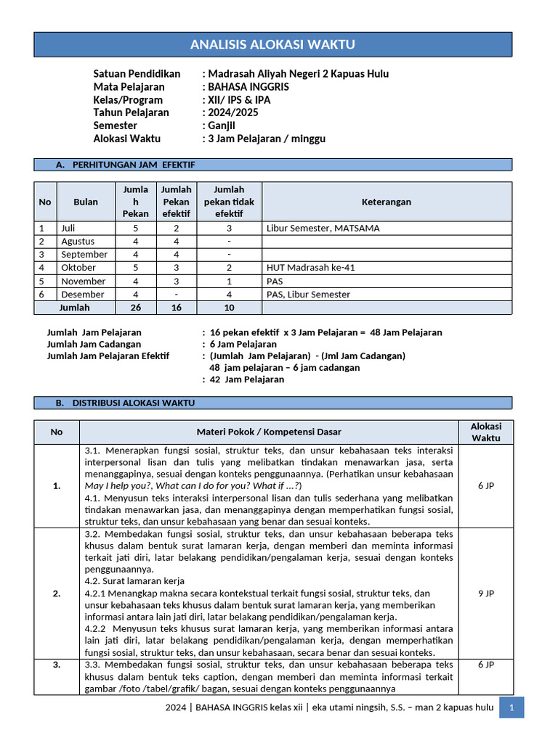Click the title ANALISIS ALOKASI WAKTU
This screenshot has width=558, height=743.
click(272, 45)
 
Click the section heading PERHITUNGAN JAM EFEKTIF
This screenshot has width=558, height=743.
click(134, 165)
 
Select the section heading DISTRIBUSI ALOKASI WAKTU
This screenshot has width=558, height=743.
click(134, 403)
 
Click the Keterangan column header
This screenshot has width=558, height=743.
click(387, 202)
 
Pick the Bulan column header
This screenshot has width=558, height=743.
click(86, 202)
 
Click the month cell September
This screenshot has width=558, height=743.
click(84, 255)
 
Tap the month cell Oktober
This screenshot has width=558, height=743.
click(78, 268)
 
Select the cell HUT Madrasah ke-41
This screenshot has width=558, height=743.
click(311, 268)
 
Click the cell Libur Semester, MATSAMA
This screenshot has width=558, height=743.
click(323, 228)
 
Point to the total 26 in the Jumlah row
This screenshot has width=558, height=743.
click(135, 308)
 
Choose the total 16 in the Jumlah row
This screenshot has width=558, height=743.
click(176, 308)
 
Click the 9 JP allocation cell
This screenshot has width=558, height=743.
click(485, 593)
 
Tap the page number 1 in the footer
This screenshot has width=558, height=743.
click(511, 707)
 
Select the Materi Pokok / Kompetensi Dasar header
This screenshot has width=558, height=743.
click(269, 432)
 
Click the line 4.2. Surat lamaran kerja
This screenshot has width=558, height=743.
click(134, 581)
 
